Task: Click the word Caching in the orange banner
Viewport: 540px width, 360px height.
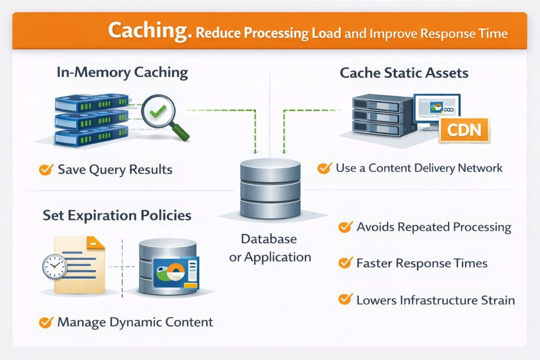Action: pyautogui.click(x=149, y=31)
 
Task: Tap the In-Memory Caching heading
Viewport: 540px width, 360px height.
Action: pyautogui.click(x=122, y=72)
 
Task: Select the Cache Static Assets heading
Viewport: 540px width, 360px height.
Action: pyautogui.click(x=404, y=72)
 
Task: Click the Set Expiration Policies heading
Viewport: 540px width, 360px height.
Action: pyautogui.click(x=117, y=215)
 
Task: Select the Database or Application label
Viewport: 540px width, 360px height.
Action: pyautogui.click(x=269, y=248)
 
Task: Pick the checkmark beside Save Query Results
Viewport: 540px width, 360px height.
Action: pyautogui.click(x=46, y=169)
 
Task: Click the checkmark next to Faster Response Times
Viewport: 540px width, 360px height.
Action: pyautogui.click(x=345, y=262)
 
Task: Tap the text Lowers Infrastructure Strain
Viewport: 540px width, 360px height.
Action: pyautogui.click(x=436, y=300)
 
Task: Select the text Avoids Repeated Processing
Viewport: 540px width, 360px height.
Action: pyautogui.click(x=434, y=227)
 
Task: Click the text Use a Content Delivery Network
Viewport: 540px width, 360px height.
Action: pyautogui.click(x=419, y=168)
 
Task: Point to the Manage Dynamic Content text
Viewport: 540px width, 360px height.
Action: pyautogui.click(x=135, y=322)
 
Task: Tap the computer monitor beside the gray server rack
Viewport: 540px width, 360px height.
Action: pyautogui.click(x=436, y=111)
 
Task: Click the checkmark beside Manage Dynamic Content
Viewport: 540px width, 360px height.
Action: pyautogui.click(x=46, y=322)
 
